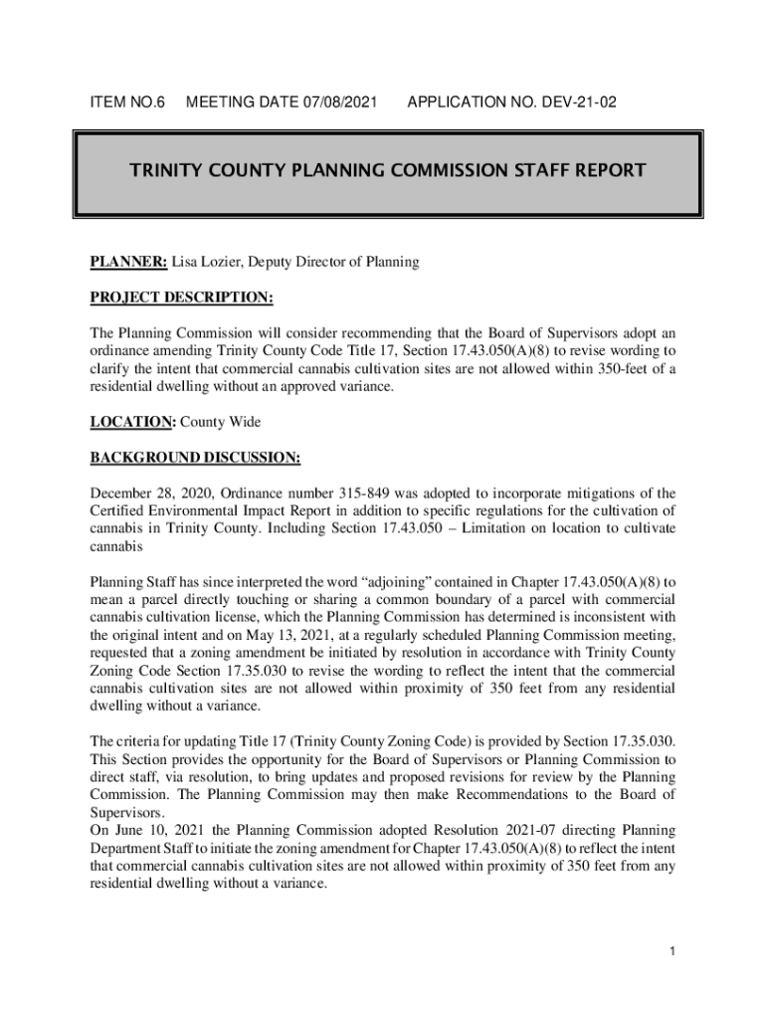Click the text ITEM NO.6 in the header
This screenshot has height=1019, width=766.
point(127,102)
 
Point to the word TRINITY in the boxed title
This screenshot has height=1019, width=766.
point(167,170)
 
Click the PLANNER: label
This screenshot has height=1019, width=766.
point(128,262)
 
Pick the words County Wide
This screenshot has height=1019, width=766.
point(221,422)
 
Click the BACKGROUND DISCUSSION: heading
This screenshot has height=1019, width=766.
point(195,457)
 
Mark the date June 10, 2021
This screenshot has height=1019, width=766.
point(150,830)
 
